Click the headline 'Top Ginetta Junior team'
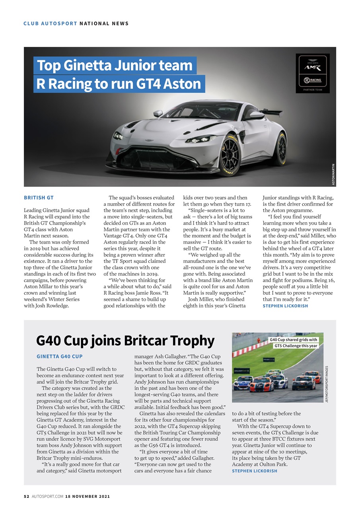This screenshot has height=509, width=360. (x=115, y=65)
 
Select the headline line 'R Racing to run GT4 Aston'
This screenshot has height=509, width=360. (x=119, y=84)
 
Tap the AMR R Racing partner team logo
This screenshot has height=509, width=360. (x=312, y=74)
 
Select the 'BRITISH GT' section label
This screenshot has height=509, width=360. (x=39, y=198)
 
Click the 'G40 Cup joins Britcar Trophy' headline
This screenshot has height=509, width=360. (x=125, y=340)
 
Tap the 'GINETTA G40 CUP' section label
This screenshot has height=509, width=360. (x=60, y=357)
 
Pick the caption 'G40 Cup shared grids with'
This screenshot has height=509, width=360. (x=294, y=340)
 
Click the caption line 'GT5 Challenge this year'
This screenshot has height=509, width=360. (x=296, y=346)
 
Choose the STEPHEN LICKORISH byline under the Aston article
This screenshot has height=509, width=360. (x=285, y=306)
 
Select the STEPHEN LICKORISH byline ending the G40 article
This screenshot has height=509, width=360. (x=255, y=471)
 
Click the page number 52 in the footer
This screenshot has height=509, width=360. (x=27, y=496)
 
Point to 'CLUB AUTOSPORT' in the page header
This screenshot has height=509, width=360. (x=50, y=23)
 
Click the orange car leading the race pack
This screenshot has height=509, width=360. (x=262, y=384)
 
